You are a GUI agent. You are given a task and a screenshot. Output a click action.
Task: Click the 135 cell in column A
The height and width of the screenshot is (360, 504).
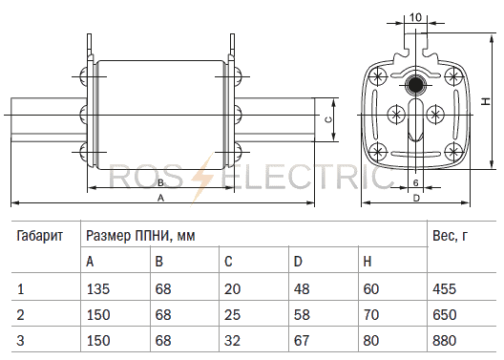(98, 289)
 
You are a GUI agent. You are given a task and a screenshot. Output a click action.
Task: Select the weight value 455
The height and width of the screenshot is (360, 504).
(444, 289)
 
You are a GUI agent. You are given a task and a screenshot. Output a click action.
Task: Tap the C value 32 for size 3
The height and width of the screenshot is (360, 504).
(232, 340)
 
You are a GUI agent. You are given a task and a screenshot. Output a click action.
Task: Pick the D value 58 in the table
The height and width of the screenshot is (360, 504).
(302, 315)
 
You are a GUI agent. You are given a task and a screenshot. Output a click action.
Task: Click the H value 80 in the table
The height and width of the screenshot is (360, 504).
(371, 340)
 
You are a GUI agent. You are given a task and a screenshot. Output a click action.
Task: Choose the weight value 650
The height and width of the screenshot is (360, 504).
(444, 315)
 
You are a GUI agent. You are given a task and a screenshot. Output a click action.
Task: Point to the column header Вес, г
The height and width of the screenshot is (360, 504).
(450, 236)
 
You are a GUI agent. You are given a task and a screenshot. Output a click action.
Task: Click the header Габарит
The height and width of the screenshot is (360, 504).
(39, 236)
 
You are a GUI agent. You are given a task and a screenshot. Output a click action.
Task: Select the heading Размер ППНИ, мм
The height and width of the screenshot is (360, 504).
(140, 236)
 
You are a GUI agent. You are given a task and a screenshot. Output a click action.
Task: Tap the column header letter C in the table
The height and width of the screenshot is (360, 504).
(228, 262)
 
